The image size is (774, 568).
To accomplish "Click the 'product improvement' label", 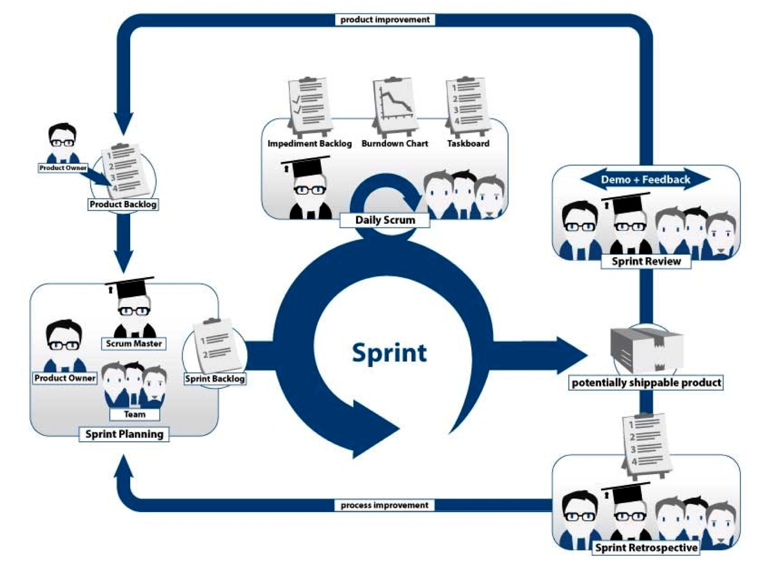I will [385, 20].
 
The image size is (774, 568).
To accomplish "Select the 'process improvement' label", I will [384, 505].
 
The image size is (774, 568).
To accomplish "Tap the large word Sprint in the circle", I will [389, 353].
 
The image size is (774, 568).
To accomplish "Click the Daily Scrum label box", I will [385, 220].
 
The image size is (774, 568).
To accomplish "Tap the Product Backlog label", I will [123, 204].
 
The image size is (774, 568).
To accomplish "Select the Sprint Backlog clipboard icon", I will [216, 346].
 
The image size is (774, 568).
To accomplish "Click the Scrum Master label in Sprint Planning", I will [133, 344].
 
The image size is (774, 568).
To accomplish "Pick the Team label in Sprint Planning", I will [134, 414].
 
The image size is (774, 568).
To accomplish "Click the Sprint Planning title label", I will [124, 434].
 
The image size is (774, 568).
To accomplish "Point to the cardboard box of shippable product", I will [646, 349].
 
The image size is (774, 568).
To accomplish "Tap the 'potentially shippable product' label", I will [646, 383].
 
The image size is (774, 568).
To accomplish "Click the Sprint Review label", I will [646, 261].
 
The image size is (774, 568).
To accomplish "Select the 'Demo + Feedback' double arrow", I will [645, 180].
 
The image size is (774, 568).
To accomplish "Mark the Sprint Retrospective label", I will [646, 548].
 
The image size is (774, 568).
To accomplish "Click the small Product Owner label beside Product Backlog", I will [63, 168].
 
